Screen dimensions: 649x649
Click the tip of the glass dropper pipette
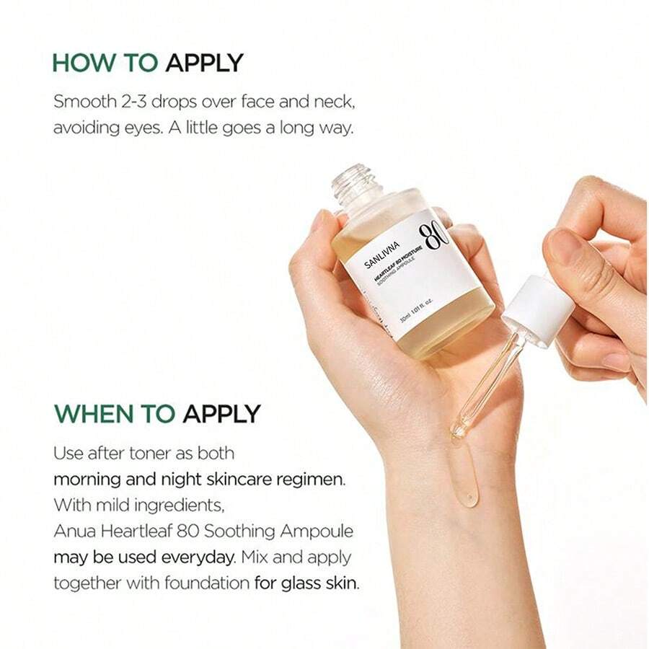(x=457, y=433)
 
